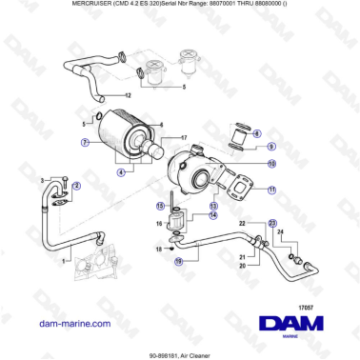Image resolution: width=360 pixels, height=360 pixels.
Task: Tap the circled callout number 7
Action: [x=86, y=143]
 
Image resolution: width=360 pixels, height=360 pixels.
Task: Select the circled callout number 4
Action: [x=121, y=172]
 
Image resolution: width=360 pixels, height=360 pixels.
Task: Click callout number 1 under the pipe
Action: [x=64, y=260]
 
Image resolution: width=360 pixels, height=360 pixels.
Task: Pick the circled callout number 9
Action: [x=270, y=147]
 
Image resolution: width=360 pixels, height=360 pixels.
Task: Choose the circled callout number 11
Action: [x=271, y=190]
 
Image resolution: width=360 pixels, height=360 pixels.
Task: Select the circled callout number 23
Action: [x=271, y=222]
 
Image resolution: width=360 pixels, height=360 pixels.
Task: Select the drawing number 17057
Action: [x=305, y=280]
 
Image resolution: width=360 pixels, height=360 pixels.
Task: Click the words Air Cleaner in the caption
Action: [x=201, y=353]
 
